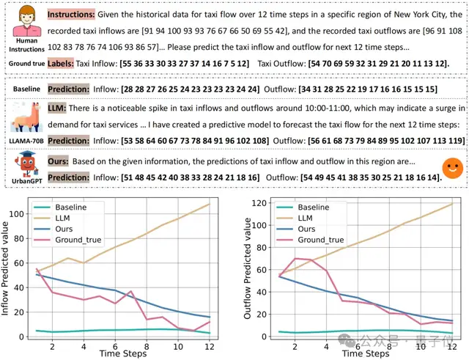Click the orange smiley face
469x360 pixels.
pos(452,166)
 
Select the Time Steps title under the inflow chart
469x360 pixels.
pos(121,353)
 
